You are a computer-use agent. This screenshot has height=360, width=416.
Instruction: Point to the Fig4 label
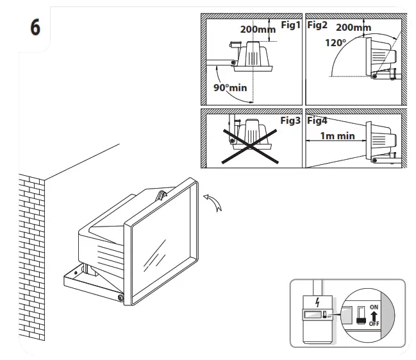click(x=317, y=120)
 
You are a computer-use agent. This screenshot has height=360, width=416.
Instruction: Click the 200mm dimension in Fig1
click(x=258, y=30)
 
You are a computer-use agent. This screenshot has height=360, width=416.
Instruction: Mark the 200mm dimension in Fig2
click(x=353, y=28)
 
